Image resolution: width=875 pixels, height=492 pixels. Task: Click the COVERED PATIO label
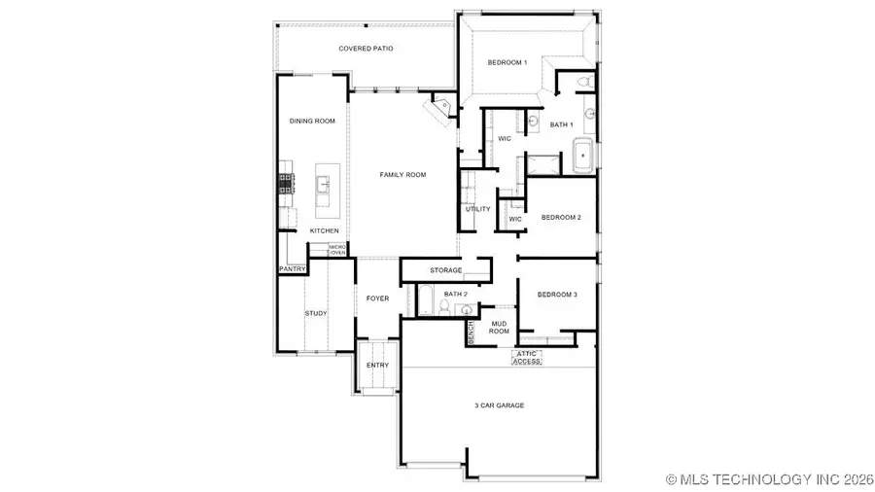pos(366,48)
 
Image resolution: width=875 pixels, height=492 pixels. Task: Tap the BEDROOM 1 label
pos(507,63)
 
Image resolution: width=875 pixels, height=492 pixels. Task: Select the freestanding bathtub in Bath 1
pos(581,156)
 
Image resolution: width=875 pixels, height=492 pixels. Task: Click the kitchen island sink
pos(323,183)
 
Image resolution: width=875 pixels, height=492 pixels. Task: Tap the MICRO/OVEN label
pos(337,250)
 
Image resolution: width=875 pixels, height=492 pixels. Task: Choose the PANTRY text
pos(293,268)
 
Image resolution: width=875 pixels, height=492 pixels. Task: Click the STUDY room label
pos(315,313)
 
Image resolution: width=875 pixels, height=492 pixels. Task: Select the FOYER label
pos(377,299)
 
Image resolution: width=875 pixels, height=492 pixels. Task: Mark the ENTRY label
pos(377,366)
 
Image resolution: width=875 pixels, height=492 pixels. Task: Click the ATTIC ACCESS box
pos(526,357)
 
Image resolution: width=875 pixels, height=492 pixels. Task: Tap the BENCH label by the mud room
pos(471,332)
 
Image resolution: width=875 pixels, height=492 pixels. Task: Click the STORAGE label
pos(445,270)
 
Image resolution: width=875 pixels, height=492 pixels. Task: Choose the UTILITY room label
pos(477,209)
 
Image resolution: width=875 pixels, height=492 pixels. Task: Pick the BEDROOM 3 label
pos(558,293)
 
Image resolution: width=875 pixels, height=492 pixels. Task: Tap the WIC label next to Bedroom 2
pos(515,219)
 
